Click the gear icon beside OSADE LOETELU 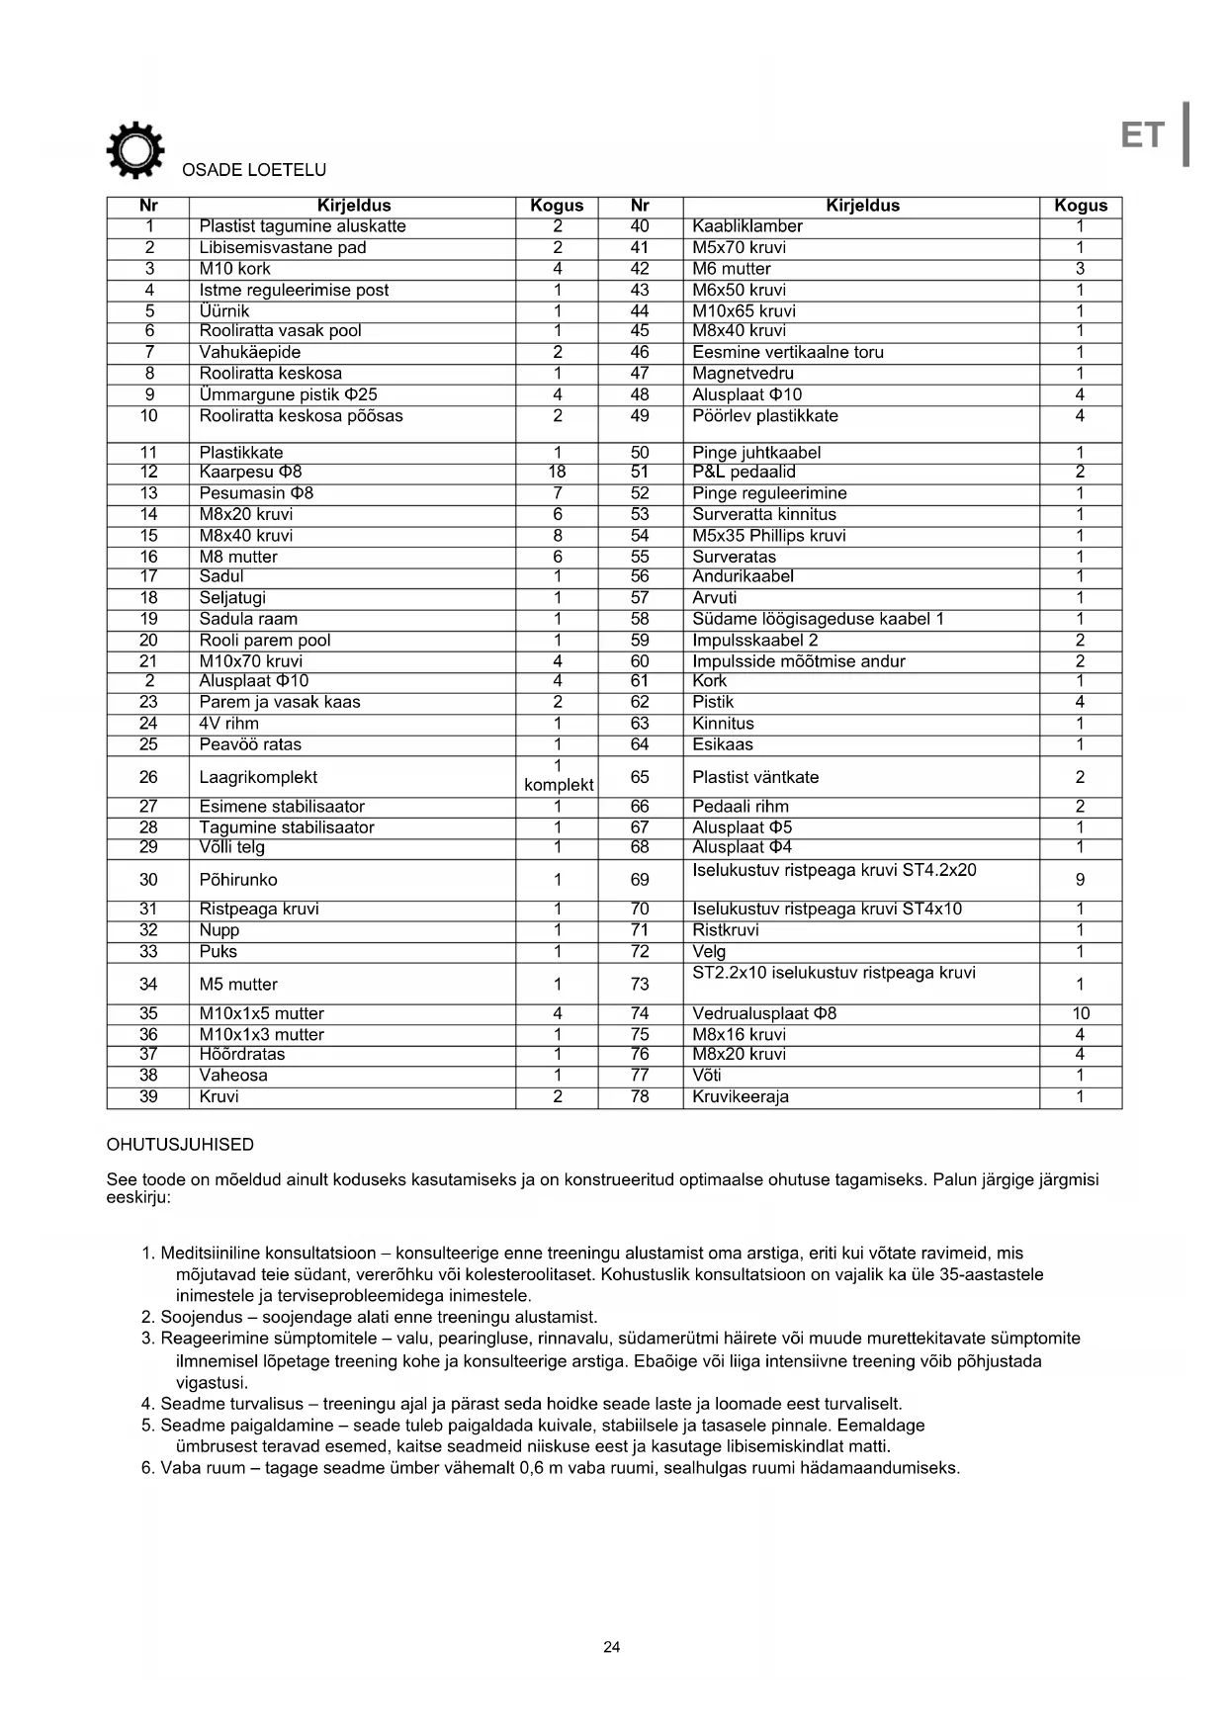135,150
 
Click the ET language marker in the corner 1143,135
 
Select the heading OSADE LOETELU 254,170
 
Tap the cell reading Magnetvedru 743,374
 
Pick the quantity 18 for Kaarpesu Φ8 557,473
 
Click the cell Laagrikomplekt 258,777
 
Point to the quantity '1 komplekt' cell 558,776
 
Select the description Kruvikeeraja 741,1096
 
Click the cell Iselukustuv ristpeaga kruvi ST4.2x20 833,871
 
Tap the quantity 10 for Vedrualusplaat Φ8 1080,1013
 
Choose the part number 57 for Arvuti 640,598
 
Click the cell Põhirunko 238,880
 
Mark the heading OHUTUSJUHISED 180,1145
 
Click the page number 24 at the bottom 612,1647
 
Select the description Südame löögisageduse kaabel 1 818,619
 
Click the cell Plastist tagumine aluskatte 303,226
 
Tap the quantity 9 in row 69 1080,880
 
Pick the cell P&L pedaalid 744,473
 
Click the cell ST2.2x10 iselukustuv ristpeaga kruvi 833,973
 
